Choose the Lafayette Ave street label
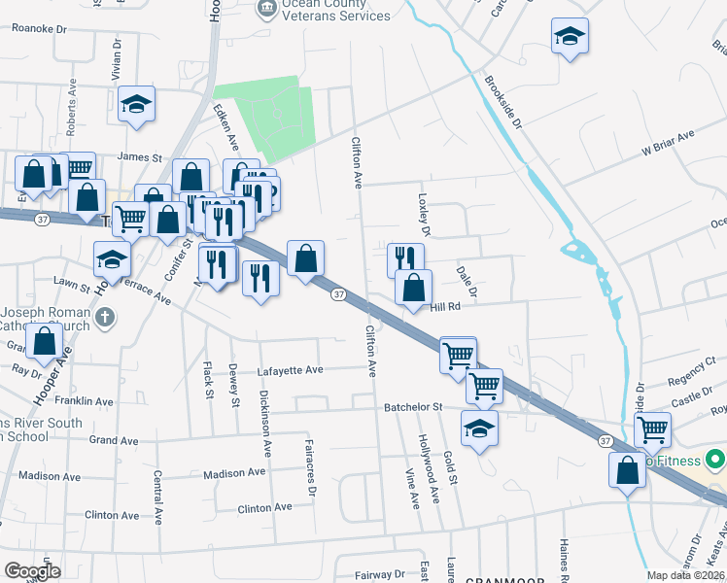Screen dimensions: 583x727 pos(289,369)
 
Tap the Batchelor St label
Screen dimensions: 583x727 pos(412,407)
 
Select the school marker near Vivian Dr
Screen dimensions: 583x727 pos(137,104)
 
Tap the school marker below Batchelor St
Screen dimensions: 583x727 pos(479,429)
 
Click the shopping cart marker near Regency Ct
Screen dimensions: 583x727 pos(652,429)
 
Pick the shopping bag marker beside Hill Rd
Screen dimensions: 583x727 pos(414,287)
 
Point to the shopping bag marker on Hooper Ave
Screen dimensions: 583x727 pos(44,341)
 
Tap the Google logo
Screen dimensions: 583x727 pos(32,571)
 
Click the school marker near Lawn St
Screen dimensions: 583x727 pos(112,259)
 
